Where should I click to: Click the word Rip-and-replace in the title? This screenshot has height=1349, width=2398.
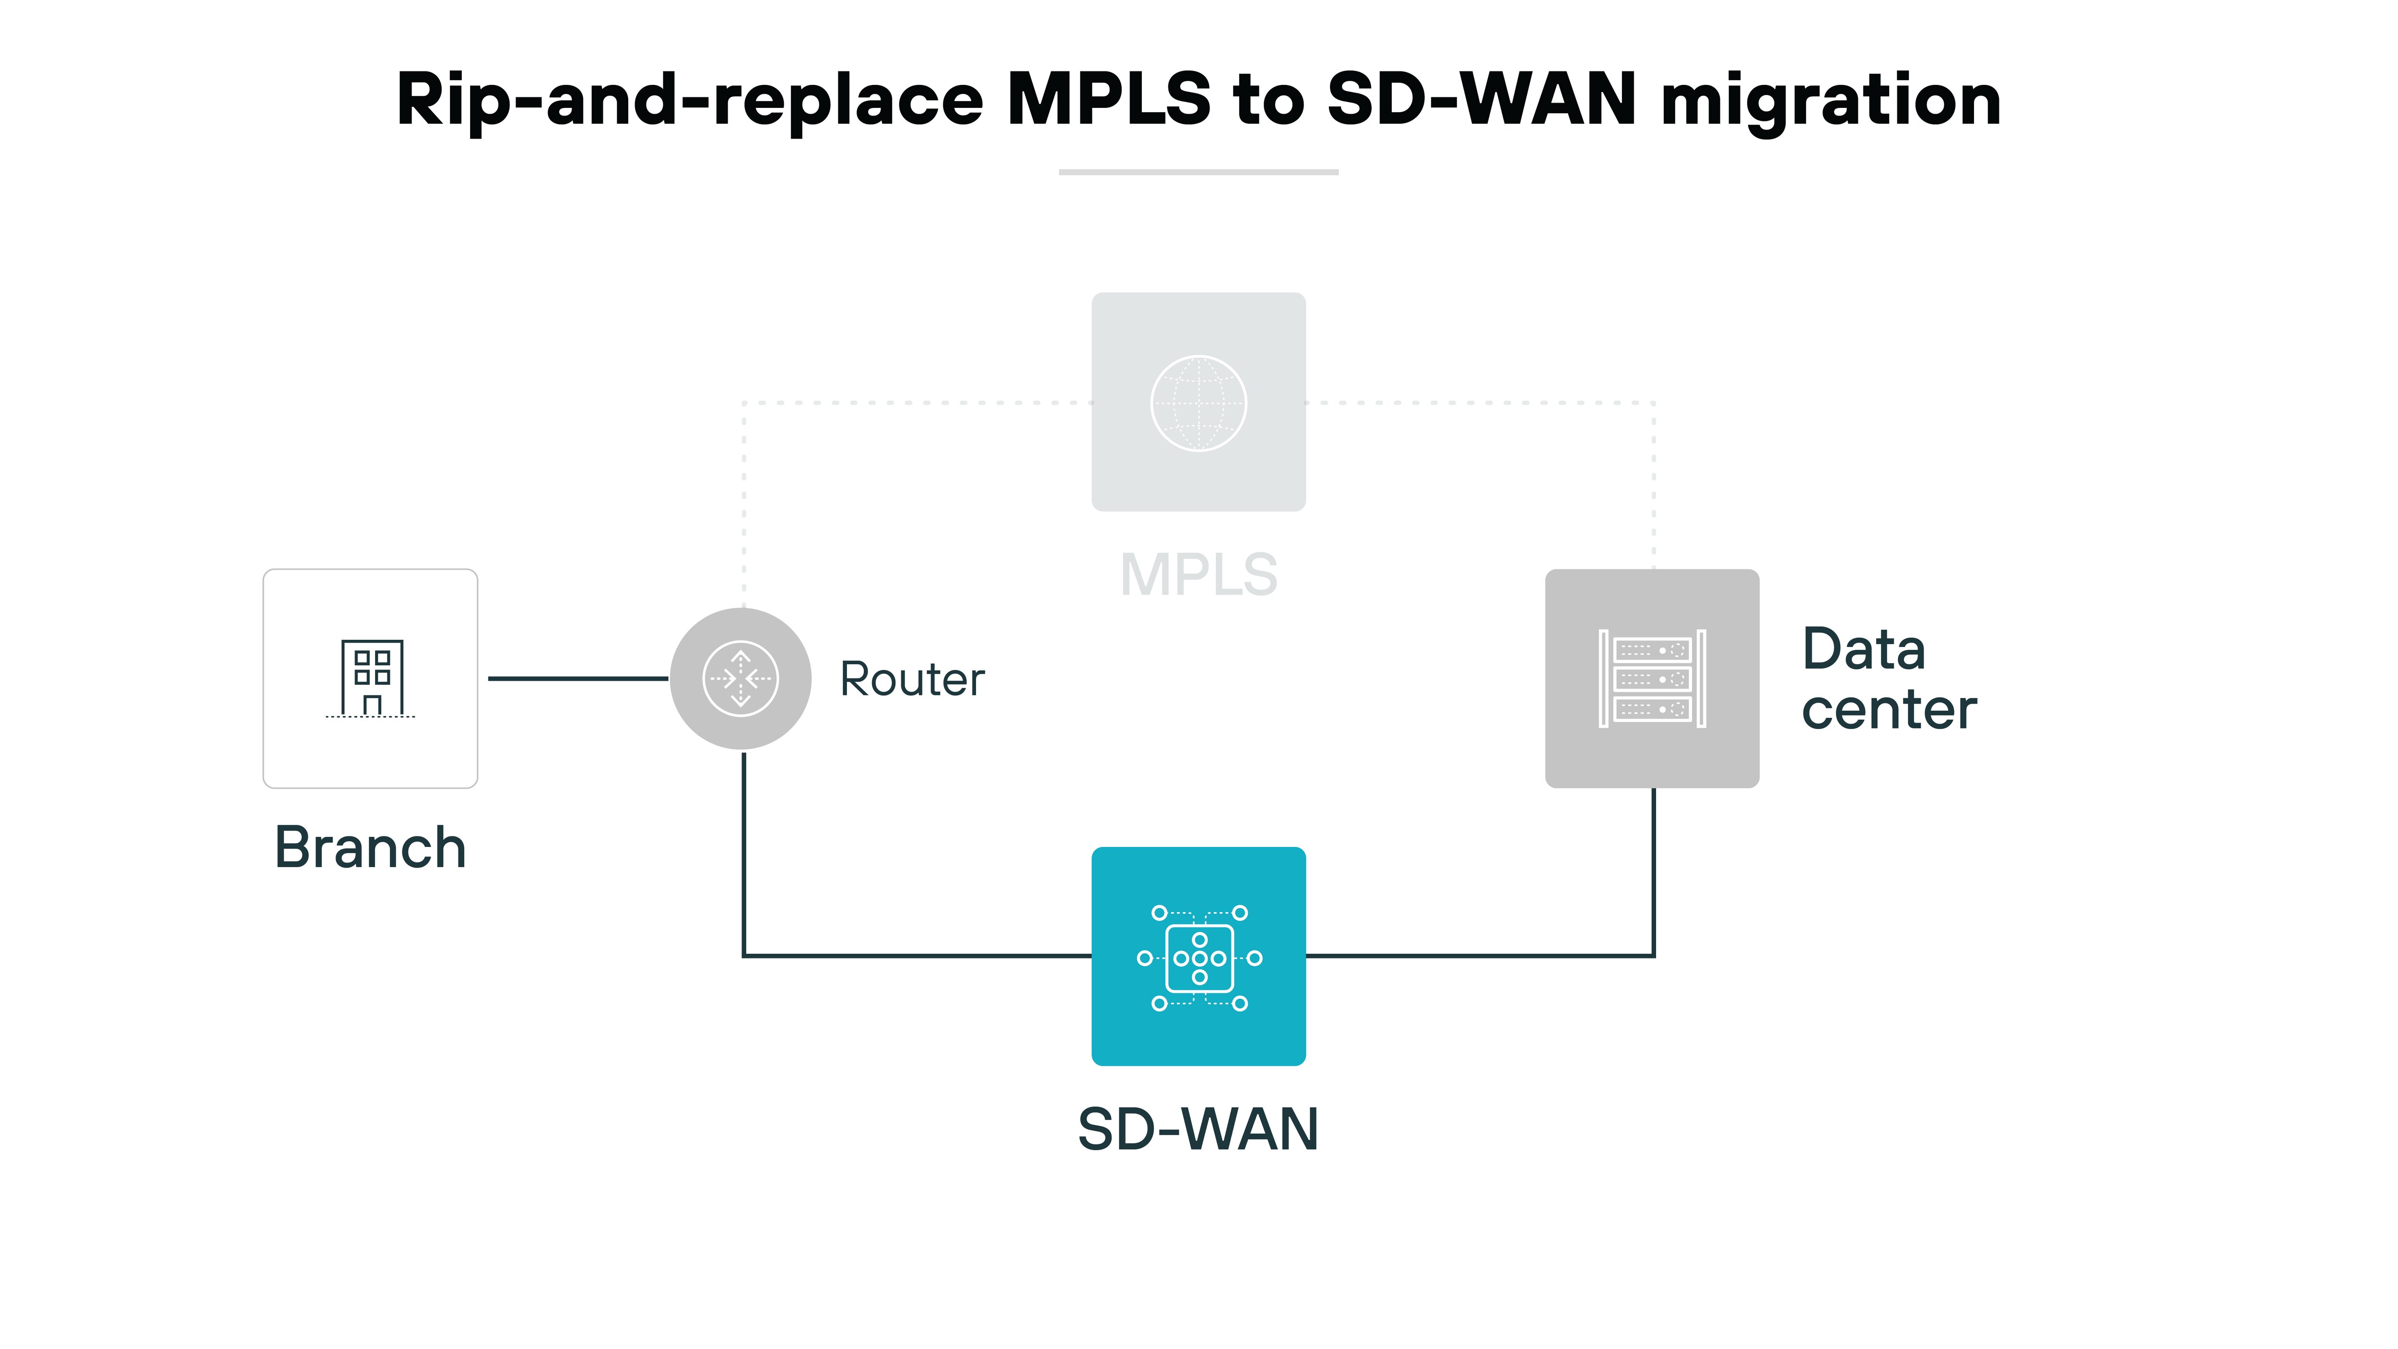(689, 101)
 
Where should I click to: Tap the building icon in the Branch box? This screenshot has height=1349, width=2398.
(371, 678)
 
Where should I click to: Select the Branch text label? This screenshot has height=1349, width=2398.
(371, 848)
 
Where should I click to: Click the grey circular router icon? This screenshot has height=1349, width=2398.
(741, 679)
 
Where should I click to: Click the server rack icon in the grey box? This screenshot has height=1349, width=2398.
(1652, 679)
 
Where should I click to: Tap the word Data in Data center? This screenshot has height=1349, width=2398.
(1864, 649)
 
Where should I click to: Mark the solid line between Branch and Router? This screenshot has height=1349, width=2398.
(577, 679)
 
